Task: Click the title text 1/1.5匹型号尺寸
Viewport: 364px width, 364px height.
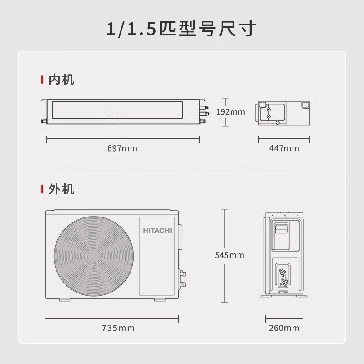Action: coord(182,29)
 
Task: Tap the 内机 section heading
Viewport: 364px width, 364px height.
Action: coord(61,80)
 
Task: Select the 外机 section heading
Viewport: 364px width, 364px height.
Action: coord(61,189)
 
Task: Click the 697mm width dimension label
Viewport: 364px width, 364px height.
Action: coord(122,148)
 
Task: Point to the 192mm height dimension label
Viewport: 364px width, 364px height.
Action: coord(230,112)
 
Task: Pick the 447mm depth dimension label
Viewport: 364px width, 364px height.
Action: coord(284,148)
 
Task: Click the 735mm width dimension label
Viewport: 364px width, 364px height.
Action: coord(118,328)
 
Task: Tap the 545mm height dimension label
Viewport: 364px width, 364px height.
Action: coord(229,255)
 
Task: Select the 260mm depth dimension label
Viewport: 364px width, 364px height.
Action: coord(284,328)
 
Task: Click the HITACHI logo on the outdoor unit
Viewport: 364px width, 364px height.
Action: coord(157,231)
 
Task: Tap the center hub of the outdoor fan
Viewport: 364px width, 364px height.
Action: coord(94,255)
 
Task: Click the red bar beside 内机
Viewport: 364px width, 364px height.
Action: coord(42,80)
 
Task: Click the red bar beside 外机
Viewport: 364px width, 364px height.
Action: coord(42,189)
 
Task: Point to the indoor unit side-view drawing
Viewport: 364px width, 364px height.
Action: coord(284,112)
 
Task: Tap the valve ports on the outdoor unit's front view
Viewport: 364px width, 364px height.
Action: coord(183,278)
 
